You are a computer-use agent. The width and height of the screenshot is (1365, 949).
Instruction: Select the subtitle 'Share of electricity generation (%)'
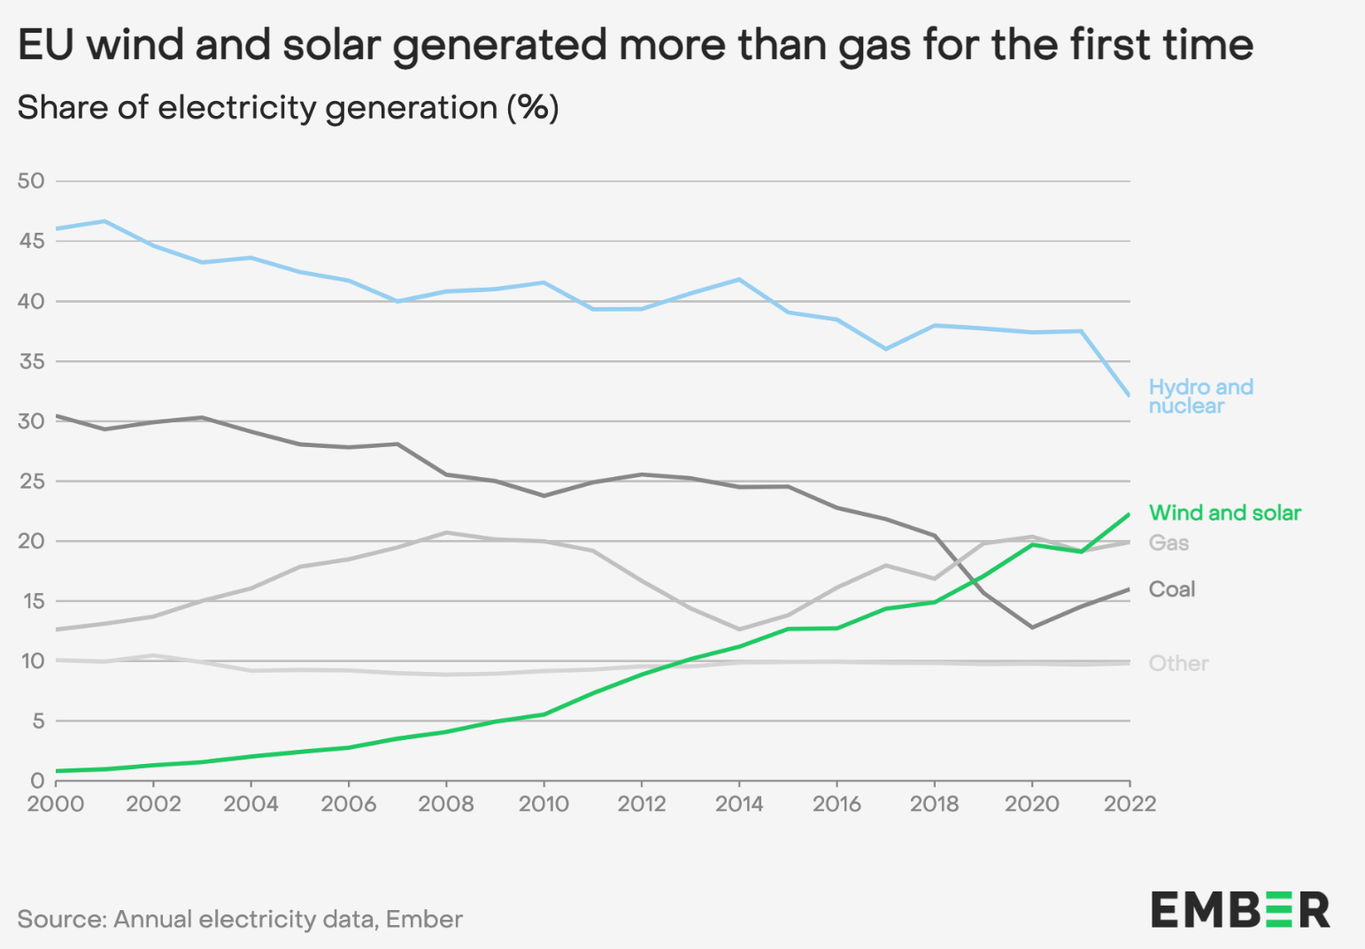coord(288,108)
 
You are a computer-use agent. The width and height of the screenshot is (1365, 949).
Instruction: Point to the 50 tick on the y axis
coord(31,181)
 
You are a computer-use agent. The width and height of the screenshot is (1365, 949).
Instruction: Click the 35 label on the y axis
coord(31,361)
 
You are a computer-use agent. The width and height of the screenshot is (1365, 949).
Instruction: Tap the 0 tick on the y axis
coord(37,781)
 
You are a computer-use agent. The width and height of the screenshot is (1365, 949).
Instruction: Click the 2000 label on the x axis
coord(56,804)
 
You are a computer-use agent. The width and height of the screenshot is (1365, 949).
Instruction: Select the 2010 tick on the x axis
coord(544,804)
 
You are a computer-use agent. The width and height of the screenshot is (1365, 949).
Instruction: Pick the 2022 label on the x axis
coord(1130,804)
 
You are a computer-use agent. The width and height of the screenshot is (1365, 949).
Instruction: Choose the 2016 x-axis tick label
coord(837,804)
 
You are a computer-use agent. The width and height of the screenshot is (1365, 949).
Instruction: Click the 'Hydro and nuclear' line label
coord(1200,397)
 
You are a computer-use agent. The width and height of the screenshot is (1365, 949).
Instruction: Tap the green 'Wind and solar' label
coord(1224,513)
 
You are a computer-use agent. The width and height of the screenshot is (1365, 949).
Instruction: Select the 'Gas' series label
coord(1168,543)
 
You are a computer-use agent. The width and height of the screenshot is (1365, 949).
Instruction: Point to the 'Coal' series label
coord(1171,590)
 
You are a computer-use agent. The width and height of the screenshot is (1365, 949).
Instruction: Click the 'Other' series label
coord(1178,663)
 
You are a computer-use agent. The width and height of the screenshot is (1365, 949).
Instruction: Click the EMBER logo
coord(1240,909)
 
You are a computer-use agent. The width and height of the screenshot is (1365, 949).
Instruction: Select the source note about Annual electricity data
coord(240,919)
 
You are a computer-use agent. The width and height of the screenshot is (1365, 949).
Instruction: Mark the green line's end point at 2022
coord(1129,514)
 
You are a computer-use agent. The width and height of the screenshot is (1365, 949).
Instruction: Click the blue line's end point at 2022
coord(1129,395)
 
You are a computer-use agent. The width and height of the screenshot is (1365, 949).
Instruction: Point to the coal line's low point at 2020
coord(1032,627)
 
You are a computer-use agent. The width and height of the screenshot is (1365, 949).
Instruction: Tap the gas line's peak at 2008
coord(446,533)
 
